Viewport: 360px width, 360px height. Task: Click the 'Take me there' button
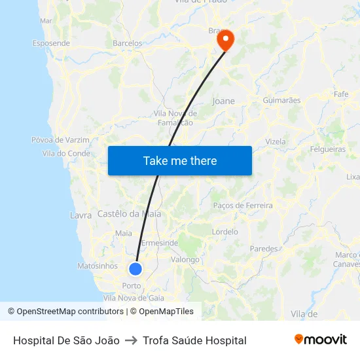pos(180,160)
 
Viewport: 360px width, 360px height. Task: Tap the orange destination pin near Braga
pos(225,41)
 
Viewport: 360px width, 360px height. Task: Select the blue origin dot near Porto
pos(135,268)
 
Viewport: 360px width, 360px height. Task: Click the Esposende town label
pos(51,43)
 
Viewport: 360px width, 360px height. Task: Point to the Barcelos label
pos(127,43)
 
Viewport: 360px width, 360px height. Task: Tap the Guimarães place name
pos(281,100)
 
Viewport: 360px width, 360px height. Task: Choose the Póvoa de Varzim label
pos(60,139)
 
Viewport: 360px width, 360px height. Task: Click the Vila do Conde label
pos(66,153)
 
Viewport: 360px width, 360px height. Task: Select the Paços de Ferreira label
pos(243,206)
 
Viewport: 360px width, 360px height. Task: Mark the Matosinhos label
pos(98,266)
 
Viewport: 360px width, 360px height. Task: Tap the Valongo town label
pos(185,259)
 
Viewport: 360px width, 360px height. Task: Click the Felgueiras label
pos(327,149)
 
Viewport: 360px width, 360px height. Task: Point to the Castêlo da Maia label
pos(128,214)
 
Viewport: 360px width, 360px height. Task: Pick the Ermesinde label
pos(160,243)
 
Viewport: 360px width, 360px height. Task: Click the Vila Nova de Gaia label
pos(134,297)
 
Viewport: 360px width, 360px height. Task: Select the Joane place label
pos(223,101)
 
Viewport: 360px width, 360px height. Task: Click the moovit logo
pos(320,340)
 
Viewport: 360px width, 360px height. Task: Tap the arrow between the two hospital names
pos(131,340)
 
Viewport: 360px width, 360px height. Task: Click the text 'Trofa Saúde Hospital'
pos(194,340)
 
